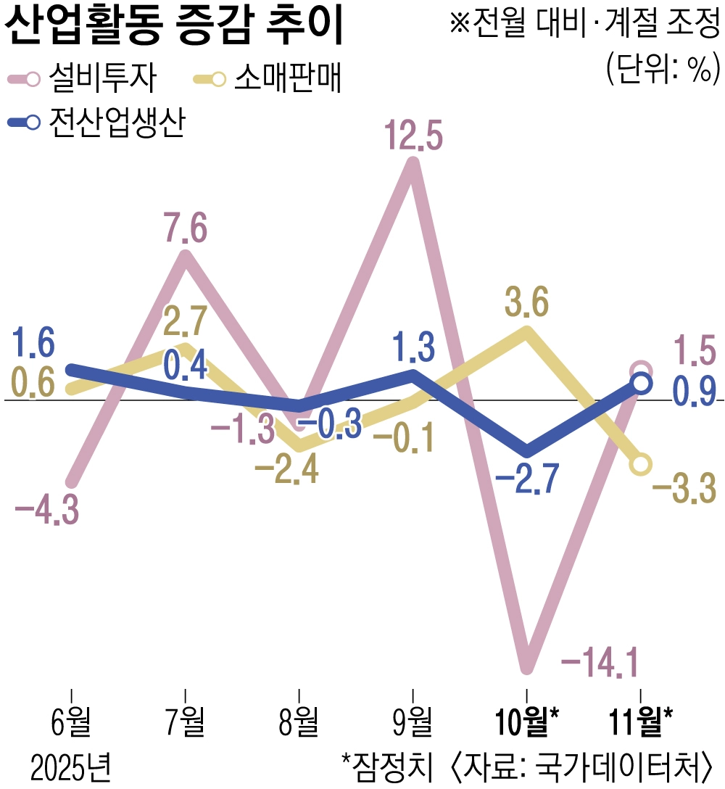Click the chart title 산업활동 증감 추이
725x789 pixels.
(x=174, y=28)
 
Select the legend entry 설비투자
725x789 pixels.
(x=101, y=79)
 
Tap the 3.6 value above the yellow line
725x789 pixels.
(x=526, y=303)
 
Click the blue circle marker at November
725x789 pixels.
(x=641, y=383)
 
